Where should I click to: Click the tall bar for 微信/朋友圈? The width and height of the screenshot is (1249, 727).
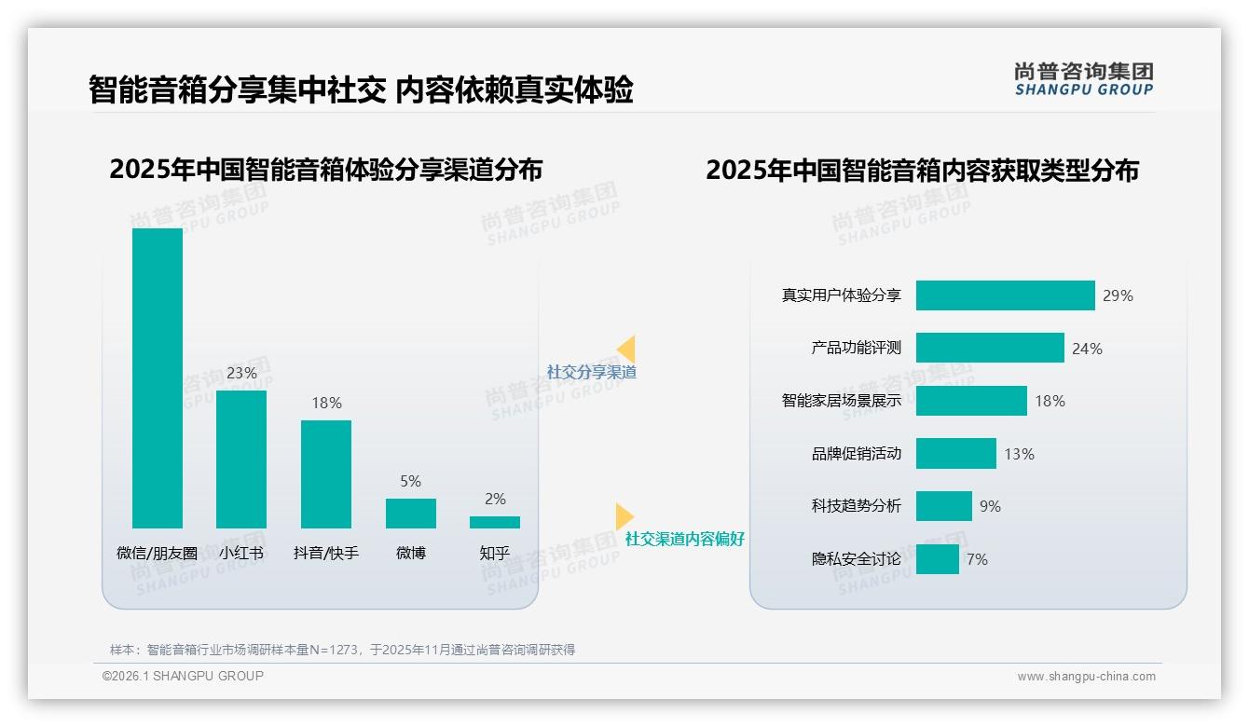click(x=158, y=377)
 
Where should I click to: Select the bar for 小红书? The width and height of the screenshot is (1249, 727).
click(x=241, y=459)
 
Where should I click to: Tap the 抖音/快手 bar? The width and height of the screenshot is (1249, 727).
click(x=326, y=473)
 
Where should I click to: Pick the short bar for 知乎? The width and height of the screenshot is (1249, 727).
click(x=495, y=522)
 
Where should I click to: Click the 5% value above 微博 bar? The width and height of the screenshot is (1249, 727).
click(x=410, y=481)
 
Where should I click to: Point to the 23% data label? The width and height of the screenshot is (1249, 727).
click(x=241, y=373)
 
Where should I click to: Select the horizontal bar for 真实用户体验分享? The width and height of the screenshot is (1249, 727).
click(x=1005, y=295)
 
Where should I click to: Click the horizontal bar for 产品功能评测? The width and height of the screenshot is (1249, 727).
click(x=990, y=348)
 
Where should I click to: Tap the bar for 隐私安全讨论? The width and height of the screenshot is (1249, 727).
click(x=938, y=559)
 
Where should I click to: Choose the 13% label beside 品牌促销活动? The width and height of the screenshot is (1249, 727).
click(x=1019, y=454)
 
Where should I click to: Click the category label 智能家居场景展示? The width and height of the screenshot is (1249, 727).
click(x=841, y=401)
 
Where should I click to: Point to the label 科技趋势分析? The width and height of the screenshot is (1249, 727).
click(x=856, y=506)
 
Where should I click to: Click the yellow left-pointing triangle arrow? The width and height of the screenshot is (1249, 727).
click(x=626, y=350)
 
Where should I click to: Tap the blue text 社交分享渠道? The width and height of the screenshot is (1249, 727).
click(x=591, y=372)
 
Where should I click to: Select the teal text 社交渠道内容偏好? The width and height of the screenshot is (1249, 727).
click(x=684, y=539)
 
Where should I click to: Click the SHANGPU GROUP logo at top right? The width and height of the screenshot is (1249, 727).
click(x=1083, y=79)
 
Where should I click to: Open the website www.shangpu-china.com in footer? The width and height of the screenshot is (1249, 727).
click(x=1086, y=677)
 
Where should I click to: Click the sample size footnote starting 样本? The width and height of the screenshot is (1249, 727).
click(x=342, y=650)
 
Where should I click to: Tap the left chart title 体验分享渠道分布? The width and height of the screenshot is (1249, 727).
click(x=326, y=170)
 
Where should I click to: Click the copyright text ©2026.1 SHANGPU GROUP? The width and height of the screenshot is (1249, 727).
click(x=183, y=676)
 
